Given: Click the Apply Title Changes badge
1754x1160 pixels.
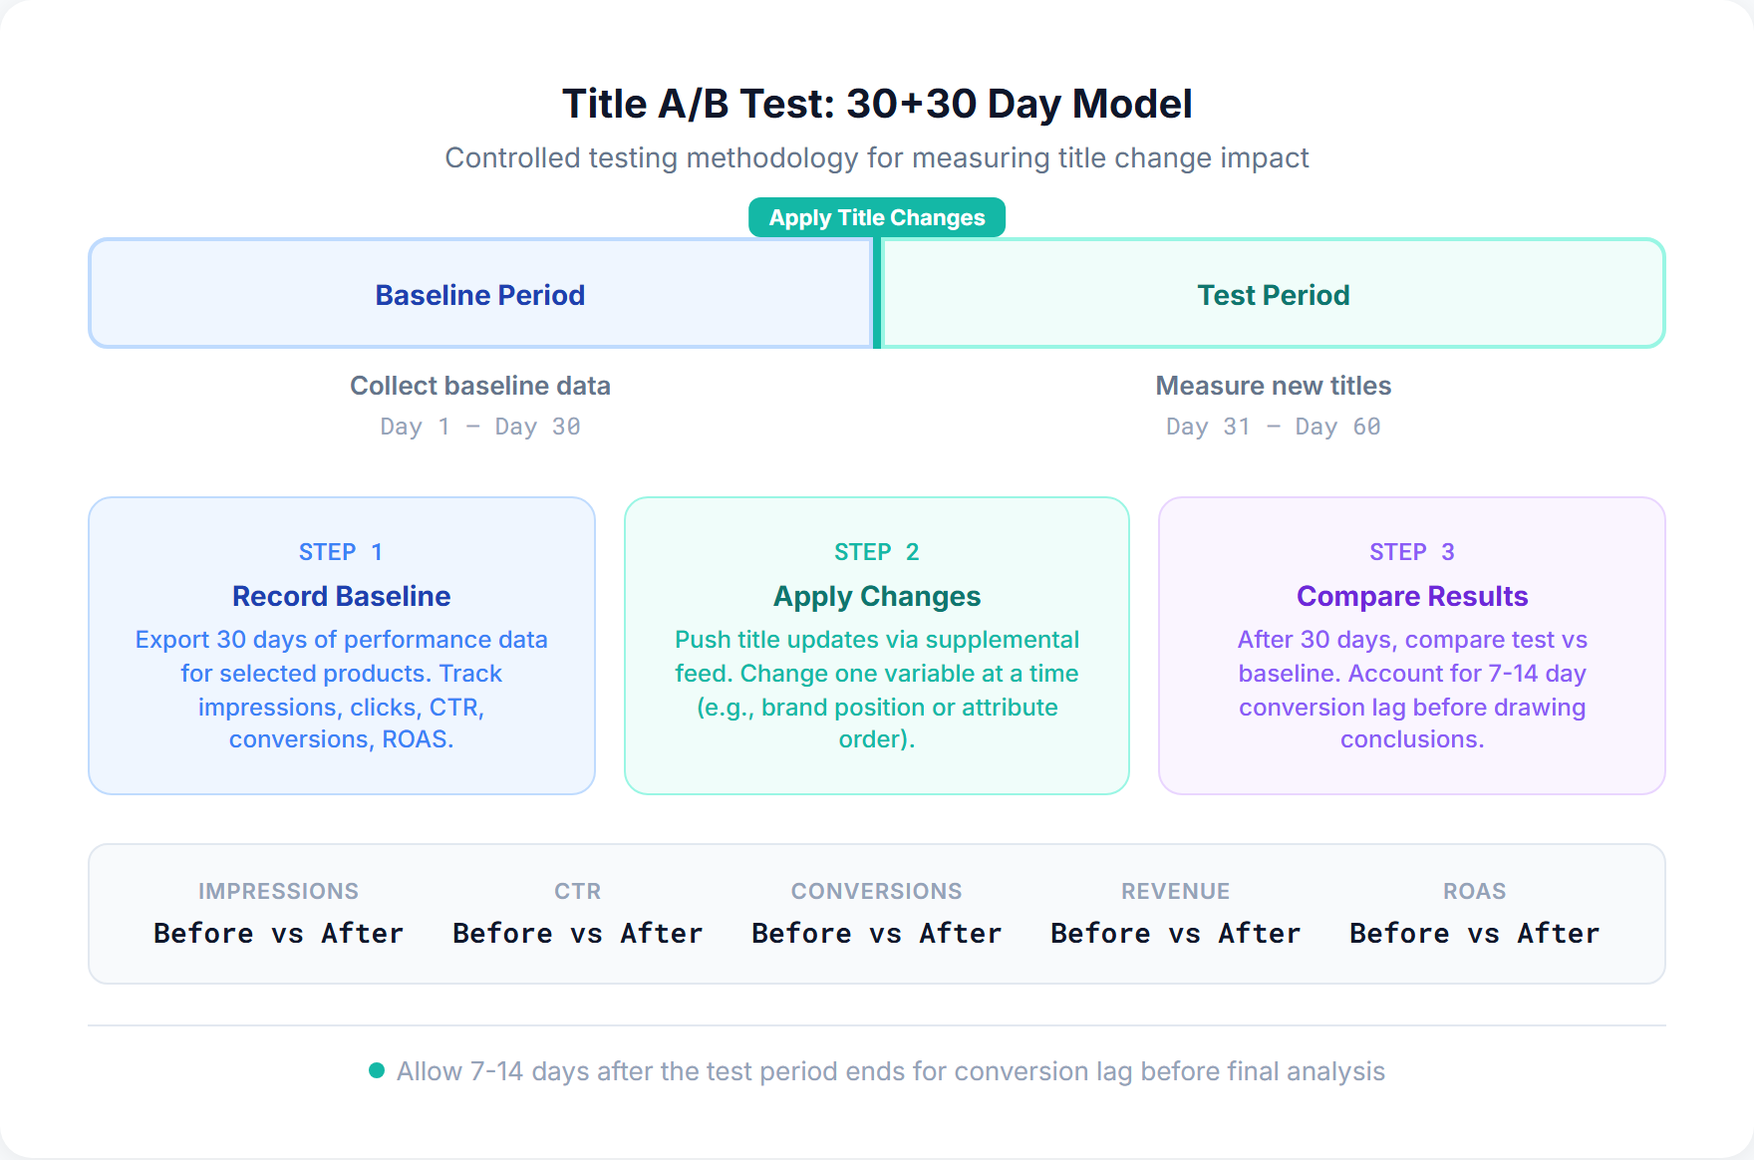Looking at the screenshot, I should pos(877,217).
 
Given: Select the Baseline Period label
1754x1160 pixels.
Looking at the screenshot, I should pos(479,295).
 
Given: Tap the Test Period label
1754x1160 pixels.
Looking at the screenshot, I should pos(1273,295).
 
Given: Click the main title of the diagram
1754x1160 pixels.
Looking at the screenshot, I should pos(877,104).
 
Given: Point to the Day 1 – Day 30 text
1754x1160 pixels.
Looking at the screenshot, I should pos(479,427).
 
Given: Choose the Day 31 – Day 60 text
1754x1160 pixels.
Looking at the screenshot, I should pos(1273,427).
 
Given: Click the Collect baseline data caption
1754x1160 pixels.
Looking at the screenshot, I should pos(479,386).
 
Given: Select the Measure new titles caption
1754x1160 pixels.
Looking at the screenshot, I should pos(1273,386).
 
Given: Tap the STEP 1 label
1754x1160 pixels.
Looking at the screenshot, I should pos(341,552).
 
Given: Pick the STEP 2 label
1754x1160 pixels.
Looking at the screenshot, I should pos(877,552).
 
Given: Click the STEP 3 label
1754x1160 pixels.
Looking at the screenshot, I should pos(1411,552).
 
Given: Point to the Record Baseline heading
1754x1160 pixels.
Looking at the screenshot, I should pos(341,596).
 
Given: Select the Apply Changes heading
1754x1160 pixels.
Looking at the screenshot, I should pos(877,596).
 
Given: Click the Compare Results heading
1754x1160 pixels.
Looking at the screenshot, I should pos(1411,596).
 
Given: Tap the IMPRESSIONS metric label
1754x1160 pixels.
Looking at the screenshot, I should pos(278,891).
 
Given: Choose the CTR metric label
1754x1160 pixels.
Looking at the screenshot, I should pos(578,891).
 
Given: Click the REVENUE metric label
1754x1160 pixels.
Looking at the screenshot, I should pos(1175,891).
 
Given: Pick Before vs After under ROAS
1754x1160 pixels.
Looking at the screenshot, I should pos(1474,934).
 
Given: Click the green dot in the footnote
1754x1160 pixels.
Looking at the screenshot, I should pos(377,1070).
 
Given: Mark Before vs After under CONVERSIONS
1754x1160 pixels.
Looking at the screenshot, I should pos(876,934).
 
